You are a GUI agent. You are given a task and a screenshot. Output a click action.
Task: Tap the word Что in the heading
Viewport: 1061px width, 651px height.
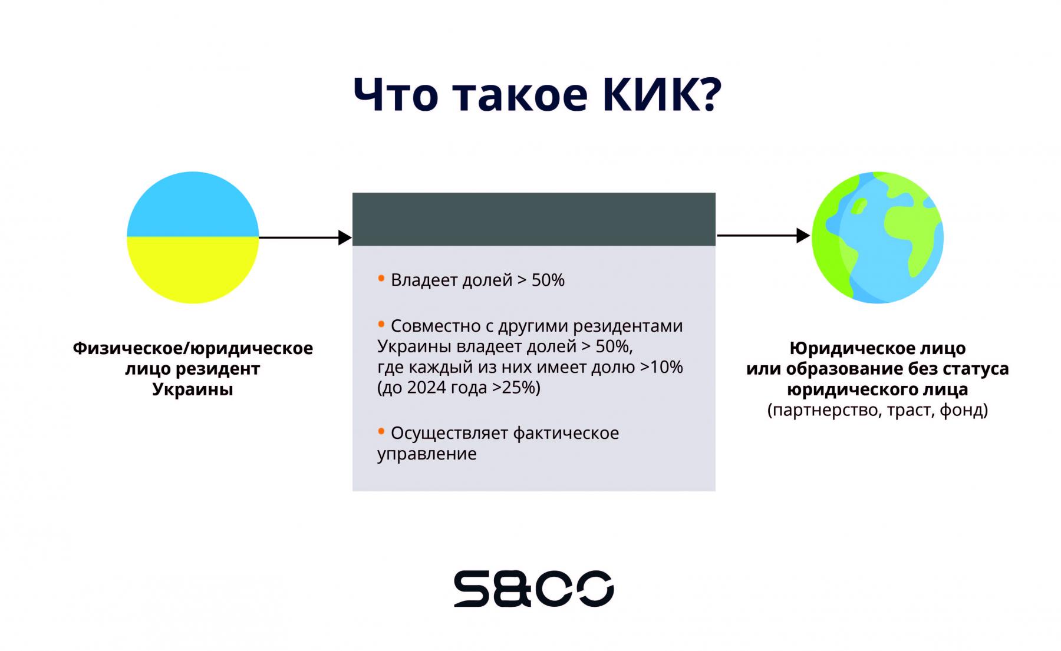coord(396,94)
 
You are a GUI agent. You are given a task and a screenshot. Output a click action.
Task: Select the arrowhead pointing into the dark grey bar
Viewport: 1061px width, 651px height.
coord(345,237)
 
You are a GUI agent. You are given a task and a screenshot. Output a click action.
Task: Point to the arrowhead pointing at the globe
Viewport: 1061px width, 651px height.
coord(803,236)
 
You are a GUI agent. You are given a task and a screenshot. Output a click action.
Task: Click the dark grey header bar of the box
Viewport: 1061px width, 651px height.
coord(533,219)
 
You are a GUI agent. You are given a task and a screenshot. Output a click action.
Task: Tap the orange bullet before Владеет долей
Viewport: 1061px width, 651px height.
coord(381,277)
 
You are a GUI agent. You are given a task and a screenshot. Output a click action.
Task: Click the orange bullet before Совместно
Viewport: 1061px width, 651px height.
coord(381,323)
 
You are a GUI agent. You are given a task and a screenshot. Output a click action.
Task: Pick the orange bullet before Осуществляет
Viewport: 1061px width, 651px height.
coord(381,431)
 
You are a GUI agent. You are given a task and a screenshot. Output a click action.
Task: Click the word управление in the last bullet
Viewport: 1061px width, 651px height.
coord(427,454)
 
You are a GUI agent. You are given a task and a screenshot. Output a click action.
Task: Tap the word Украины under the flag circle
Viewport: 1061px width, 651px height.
coord(193,389)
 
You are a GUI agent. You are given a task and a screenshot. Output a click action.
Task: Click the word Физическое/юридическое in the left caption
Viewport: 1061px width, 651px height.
coord(193,348)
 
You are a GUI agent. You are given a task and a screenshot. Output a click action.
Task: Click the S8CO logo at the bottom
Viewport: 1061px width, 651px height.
coord(533,589)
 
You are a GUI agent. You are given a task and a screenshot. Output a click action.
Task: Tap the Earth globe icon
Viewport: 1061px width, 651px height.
coord(877,237)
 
